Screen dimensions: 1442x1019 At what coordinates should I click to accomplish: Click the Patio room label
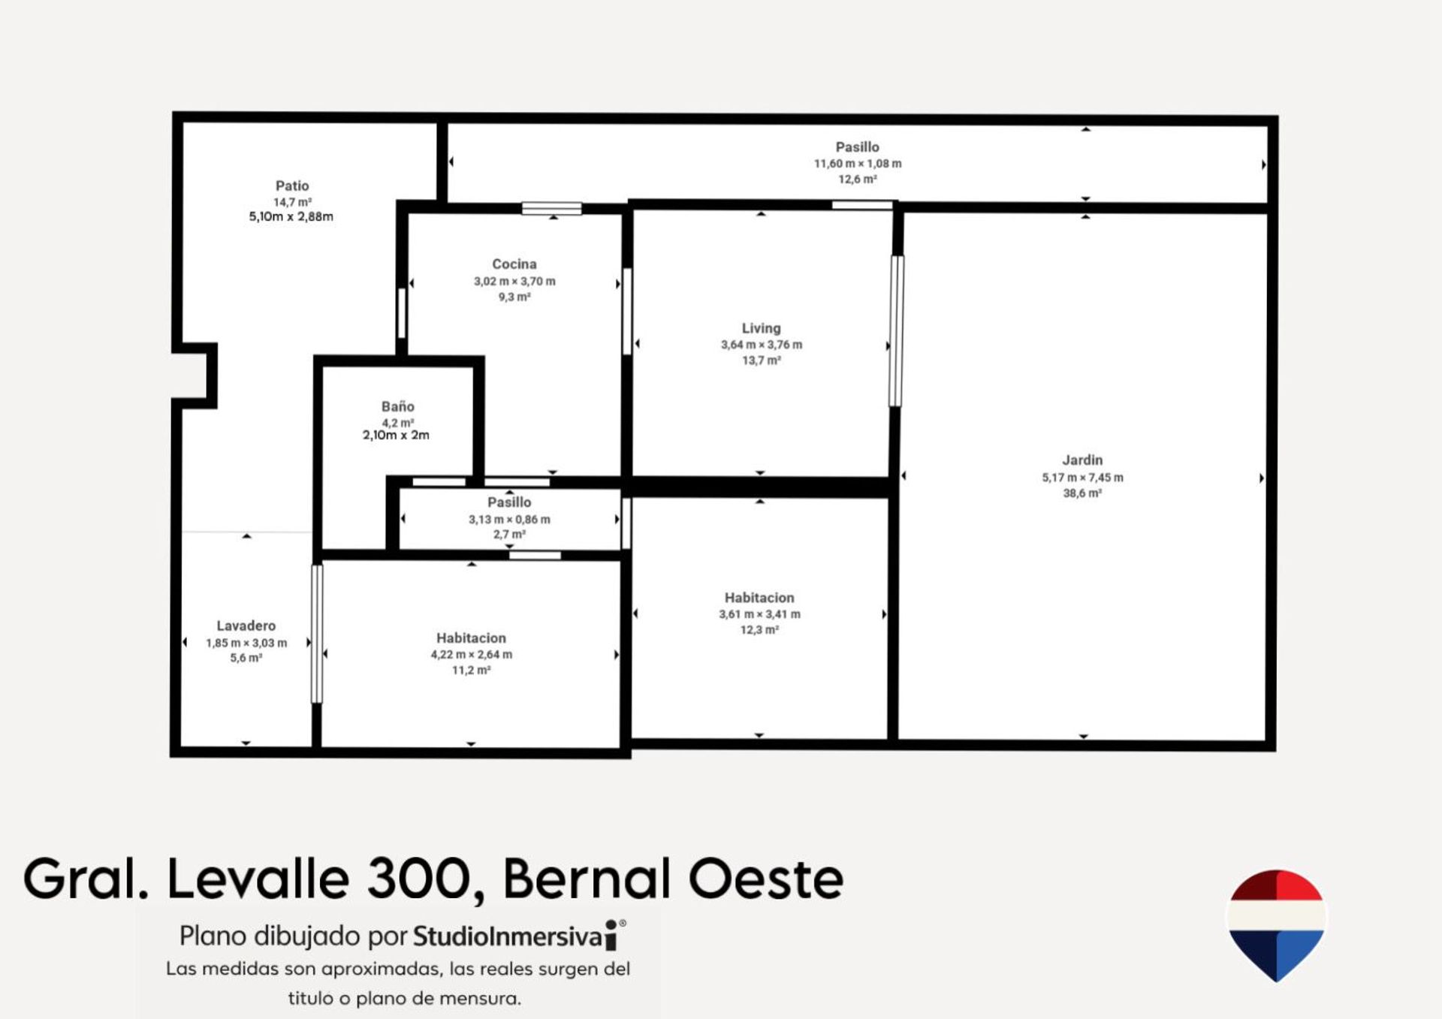(292, 185)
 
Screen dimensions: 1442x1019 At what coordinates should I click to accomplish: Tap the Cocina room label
(514, 264)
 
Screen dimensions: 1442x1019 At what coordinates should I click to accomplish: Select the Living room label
(762, 328)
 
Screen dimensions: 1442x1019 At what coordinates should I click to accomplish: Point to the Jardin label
(1082, 460)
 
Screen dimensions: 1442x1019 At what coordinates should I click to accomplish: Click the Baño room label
(398, 406)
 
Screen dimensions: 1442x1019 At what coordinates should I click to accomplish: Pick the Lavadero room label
(246, 626)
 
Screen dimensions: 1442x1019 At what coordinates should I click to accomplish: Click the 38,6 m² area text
(1082, 493)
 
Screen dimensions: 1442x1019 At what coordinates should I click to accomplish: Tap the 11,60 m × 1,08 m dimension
(858, 164)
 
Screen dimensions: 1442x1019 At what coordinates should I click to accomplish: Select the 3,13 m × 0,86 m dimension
(509, 520)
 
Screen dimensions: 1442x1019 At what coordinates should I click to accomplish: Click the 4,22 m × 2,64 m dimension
(472, 655)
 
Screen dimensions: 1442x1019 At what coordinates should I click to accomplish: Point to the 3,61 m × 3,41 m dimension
(759, 614)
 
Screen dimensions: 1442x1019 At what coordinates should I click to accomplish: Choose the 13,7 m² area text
(762, 360)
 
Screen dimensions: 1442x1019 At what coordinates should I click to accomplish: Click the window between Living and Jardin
(896, 331)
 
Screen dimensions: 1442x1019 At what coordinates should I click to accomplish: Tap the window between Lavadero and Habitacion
(317, 634)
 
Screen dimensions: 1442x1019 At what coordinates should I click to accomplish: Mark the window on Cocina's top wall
(552, 208)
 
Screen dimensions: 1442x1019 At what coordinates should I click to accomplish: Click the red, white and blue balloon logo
(1276, 924)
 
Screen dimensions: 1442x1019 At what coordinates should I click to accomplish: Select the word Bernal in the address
(587, 879)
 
